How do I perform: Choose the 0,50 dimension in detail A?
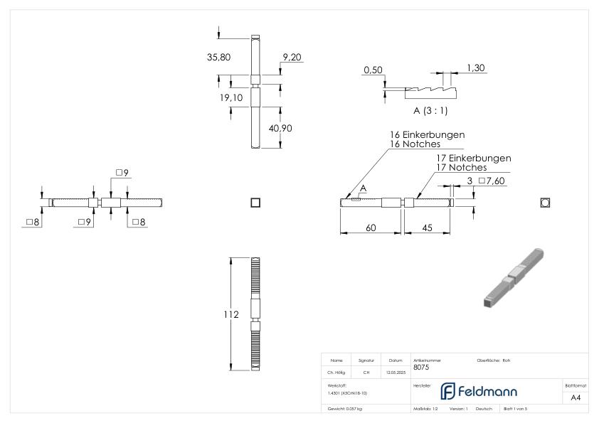tap(373, 70)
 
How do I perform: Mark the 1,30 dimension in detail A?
tap(476, 68)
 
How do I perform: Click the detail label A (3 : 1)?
tap(430, 111)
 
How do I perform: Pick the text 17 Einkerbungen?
tap(473, 158)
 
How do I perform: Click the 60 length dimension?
tap(371, 227)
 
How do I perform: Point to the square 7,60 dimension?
tap(490, 182)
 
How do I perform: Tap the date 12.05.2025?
tap(396, 371)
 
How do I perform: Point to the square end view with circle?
tap(545, 203)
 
